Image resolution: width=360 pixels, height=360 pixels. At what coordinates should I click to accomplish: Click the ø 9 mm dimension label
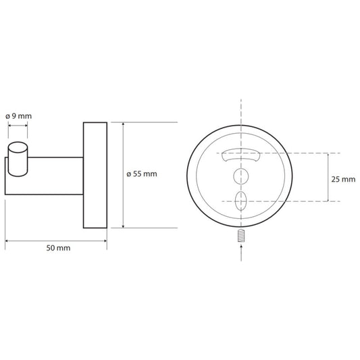[19, 116]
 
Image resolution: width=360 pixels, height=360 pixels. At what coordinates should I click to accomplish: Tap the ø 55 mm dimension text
[142, 174]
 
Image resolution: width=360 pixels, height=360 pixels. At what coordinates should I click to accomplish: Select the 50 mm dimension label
[58, 248]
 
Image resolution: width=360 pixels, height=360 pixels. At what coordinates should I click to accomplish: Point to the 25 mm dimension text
[343, 179]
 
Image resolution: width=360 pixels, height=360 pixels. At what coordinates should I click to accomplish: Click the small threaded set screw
[241, 236]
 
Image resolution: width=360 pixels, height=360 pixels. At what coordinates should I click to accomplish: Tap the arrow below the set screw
[241, 253]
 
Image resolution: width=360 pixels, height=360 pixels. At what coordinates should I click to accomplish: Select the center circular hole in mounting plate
[241, 176]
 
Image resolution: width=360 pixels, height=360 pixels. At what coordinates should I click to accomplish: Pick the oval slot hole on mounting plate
[241, 201]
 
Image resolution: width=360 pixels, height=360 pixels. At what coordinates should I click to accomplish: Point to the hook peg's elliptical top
[18, 147]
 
